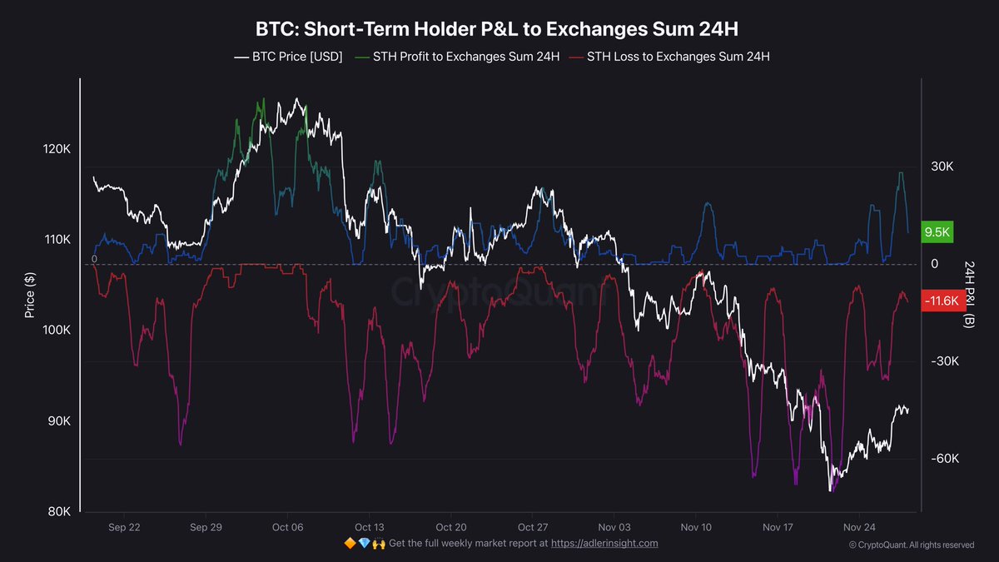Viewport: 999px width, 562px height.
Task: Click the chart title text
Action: [x=497, y=29]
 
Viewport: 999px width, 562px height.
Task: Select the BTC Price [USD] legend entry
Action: [x=288, y=57]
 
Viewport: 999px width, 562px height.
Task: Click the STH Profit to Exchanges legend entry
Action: [x=457, y=57]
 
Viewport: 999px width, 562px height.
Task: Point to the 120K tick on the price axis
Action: [x=57, y=149]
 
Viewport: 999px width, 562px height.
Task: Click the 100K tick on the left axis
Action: [x=57, y=331]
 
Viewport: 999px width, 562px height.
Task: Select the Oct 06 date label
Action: [x=287, y=527]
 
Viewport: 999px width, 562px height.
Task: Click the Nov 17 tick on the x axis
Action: [x=777, y=527]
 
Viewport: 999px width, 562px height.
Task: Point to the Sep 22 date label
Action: [x=123, y=527]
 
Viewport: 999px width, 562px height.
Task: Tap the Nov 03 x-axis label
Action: [x=614, y=527]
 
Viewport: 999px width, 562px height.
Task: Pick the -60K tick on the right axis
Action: [x=947, y=459]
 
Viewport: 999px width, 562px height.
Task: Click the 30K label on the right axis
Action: [x=942, y=167]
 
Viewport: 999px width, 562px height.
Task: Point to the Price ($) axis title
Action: [x=30, y=294]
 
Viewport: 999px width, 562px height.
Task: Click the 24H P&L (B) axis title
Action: [x=969, y=294]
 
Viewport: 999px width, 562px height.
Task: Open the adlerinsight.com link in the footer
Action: [x=604, y=543]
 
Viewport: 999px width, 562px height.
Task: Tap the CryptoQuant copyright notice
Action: [x=911, y=545]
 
